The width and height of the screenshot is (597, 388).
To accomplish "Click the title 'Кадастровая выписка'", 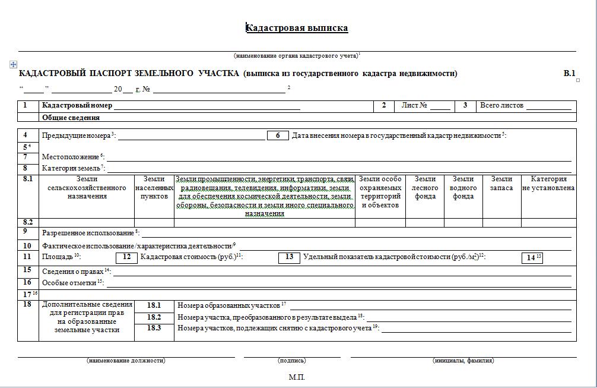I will (297, 28).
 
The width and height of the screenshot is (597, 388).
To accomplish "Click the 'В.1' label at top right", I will (569, 74).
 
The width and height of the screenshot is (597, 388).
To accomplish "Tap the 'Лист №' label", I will (414, 106).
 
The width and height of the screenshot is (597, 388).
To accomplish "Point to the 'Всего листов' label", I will (501, 106).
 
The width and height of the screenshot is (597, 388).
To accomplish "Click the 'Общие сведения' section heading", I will (71, 118).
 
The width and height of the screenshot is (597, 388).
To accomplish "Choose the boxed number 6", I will (278, 135).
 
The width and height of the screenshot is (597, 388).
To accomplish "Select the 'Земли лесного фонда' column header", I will (425, 188).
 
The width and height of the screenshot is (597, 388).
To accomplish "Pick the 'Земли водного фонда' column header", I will (463, 188).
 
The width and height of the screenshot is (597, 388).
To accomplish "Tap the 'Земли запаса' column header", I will (502, 184).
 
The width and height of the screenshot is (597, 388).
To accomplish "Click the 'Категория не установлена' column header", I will (548, 184).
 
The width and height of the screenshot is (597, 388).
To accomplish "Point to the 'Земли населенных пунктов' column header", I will (154, 188).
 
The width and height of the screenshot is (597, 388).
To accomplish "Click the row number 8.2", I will (28, 222).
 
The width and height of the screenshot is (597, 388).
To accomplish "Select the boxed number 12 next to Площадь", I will (126, 257).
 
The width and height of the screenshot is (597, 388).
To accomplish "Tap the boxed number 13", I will (289, 257).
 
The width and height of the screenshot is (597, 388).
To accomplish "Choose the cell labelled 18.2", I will (154, 317).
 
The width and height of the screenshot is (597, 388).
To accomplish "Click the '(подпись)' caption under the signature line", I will (291, 361).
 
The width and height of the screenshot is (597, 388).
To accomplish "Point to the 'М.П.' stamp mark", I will (297, 377).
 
